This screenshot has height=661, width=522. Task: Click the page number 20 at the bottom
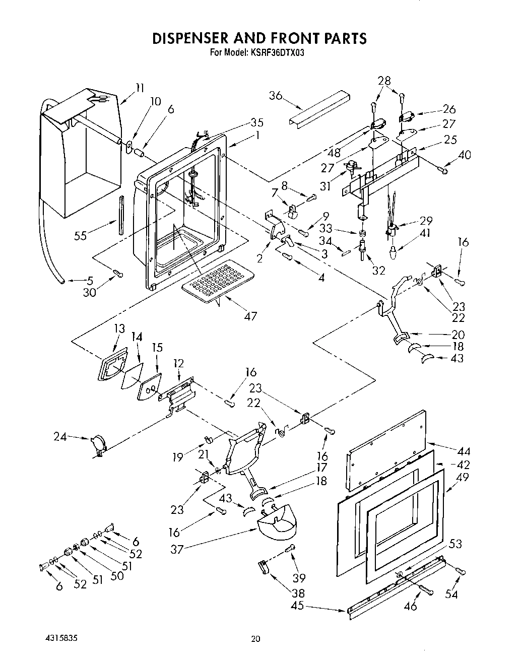(x=256, y=639)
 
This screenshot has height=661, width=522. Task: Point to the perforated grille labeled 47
(x=218, y=282)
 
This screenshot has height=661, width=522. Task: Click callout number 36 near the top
(x=275, y=95)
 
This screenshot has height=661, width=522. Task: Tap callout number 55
(x=80, y=235)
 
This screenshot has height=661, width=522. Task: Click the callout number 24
(x=60, y=437)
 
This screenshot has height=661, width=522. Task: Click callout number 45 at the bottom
(x=297, y=605)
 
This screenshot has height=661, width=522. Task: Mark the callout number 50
(x=117, y=575)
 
